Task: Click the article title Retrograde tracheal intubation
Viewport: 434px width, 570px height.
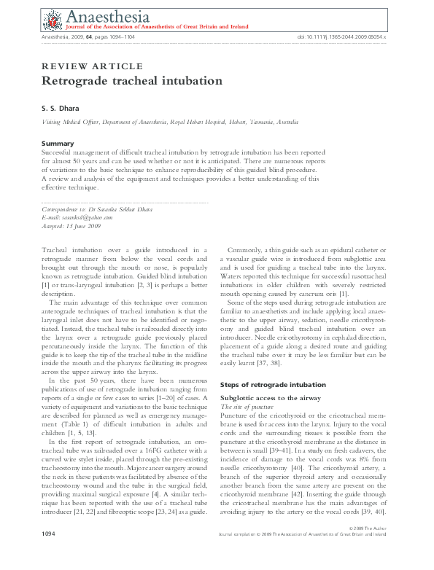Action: click(132, 81)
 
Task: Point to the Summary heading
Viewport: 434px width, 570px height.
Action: click(58, 143)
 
